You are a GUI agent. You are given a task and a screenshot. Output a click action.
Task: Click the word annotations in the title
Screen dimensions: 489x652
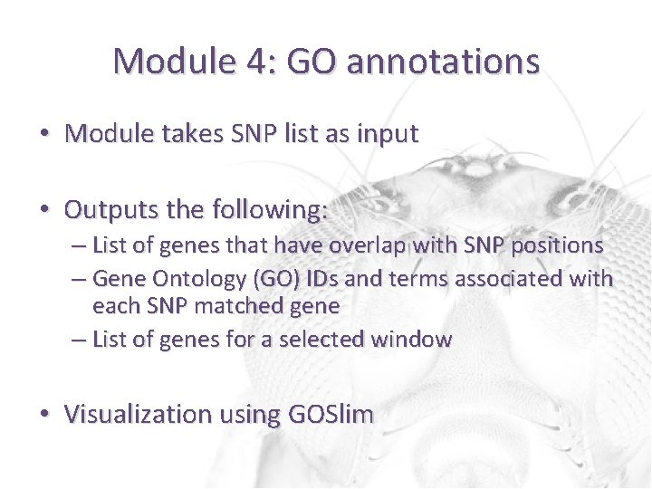(443, 62)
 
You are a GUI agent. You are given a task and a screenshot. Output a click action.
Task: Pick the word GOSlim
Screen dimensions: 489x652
(331, 415)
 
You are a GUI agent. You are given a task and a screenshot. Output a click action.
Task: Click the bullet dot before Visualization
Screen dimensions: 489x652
(44, 415)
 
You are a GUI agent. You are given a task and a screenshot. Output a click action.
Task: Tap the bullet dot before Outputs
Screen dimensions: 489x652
(44, 210)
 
